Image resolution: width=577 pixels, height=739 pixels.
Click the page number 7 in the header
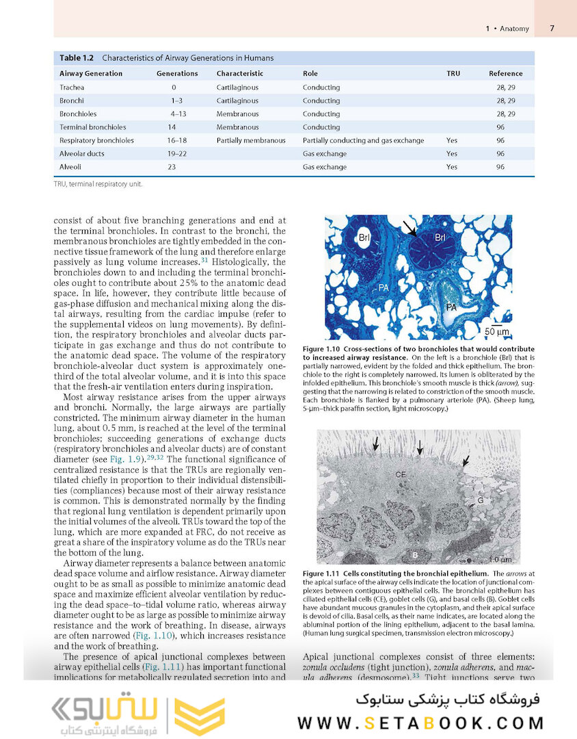pos(552,29)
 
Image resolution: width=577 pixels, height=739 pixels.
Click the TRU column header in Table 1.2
pos(453,73)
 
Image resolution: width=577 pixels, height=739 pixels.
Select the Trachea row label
pos(72,88)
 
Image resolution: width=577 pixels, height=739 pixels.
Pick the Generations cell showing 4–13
pos(178,114)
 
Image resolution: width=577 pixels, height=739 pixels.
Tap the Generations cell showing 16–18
pos(178,140)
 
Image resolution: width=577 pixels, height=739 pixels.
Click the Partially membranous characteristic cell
pos(251,140)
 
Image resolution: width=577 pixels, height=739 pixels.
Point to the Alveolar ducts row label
pos(82,154)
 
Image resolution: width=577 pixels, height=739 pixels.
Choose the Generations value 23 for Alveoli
pos(172,167)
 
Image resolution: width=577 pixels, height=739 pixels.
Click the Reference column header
pos(505,73)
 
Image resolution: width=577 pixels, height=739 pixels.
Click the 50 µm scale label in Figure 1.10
pos(497,332)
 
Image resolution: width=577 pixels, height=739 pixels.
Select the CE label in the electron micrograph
pos(401,474)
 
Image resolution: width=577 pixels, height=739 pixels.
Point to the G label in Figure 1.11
pos(481,500)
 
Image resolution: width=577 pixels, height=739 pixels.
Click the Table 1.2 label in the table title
pos(77,57)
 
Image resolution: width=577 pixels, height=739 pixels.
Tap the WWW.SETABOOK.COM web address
pos(420,723)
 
